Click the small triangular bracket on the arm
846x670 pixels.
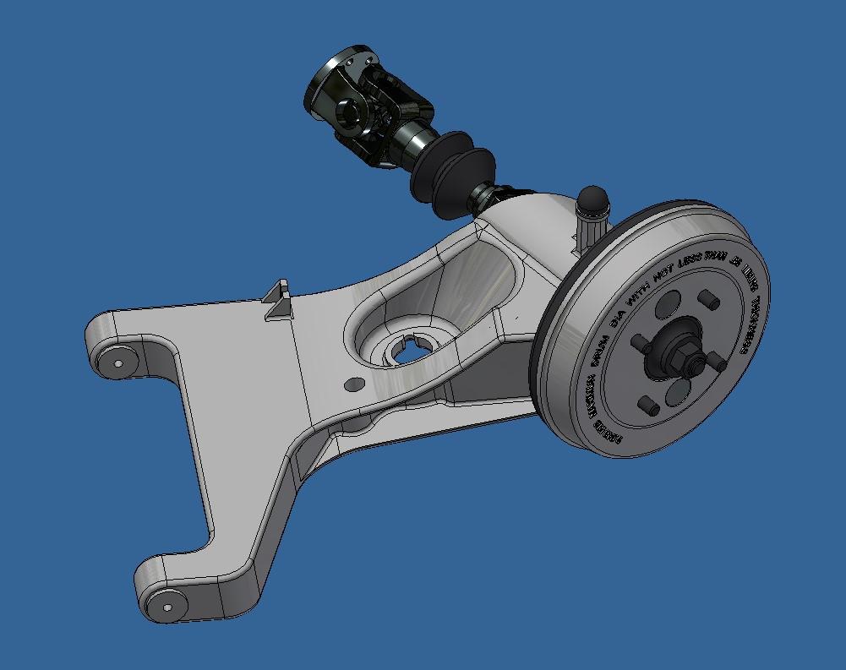point(277,301)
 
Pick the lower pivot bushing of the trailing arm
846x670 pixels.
point(164,604)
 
